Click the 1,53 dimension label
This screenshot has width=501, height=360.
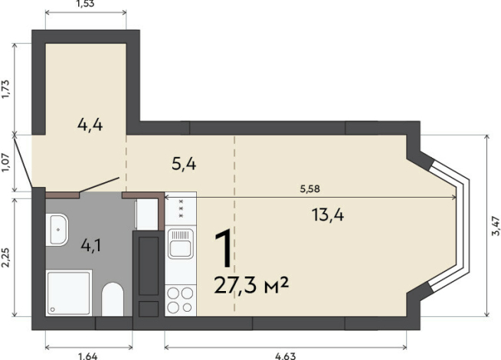pyautogui.click(x=86, y=4)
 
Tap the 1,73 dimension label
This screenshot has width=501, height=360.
pyautogui.click(x=7, y=89)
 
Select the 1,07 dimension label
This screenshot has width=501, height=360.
pyautogui.click(x=7, y=163)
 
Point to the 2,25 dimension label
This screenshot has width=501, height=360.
pyautogui.click(x=7, y=257)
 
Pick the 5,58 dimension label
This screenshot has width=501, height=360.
pyautogui.click(x=310, y=189)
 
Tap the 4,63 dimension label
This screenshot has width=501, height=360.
pyautogui.click(x=285, y=356)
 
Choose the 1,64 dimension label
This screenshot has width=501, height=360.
pyautogui.click(x=88, y=356)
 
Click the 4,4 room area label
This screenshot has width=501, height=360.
pyautogui.click(x=90, y=125)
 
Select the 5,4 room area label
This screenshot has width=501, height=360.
pyautogui.click(x=184, y=164)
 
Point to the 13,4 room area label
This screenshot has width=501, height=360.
pyautogui.click(x=328, y=214)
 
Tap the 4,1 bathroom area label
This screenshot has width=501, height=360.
pyautogui.click(x=91, y=245)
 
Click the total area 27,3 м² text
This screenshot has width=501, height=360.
pyautogui.click(x=251, y=285)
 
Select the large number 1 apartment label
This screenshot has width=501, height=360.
pyautogui.click(x=224, y=248)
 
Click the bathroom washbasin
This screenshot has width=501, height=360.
pyautogui.click(x=57, y=230)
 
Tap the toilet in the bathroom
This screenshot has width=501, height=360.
pyautogui.click(x=113, y=299)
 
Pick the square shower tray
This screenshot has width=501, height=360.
pyautogui.click(x=69, y=293)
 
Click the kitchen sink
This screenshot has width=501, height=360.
pyautogui.click(x=181, y=244)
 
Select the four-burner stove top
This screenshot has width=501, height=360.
pyautogui.click(x=180, y=300)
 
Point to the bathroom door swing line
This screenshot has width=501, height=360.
pyautogui.click(x=100, y=185)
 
